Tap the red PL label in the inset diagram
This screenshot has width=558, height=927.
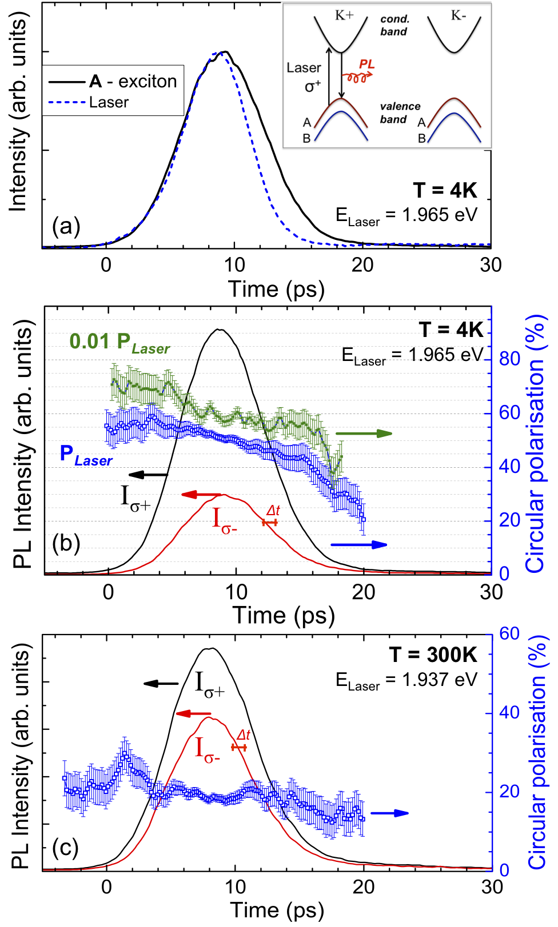click(366, 64)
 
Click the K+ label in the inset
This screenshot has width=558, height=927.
click(344, 15)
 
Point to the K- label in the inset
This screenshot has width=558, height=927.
click(458, 15)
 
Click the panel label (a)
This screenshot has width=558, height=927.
click(66, 227)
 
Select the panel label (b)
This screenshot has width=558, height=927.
click(66, 543)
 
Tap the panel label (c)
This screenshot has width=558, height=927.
click(65, 848)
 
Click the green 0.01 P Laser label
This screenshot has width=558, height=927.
click(119, 342)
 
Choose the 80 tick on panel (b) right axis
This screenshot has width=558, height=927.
click(509, 359)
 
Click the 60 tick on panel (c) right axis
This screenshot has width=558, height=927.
click(509, 633)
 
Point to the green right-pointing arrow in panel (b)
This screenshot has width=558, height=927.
click(364, 434)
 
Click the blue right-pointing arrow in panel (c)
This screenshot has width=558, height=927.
click(389, 813)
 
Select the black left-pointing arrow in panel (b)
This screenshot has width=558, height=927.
click(148, 474)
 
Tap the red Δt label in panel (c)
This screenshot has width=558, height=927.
click(243, 735)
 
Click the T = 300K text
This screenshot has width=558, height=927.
click(433, 655)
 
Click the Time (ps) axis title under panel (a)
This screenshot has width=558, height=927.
click(276, 289)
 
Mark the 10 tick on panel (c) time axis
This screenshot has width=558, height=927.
click(235, 886)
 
